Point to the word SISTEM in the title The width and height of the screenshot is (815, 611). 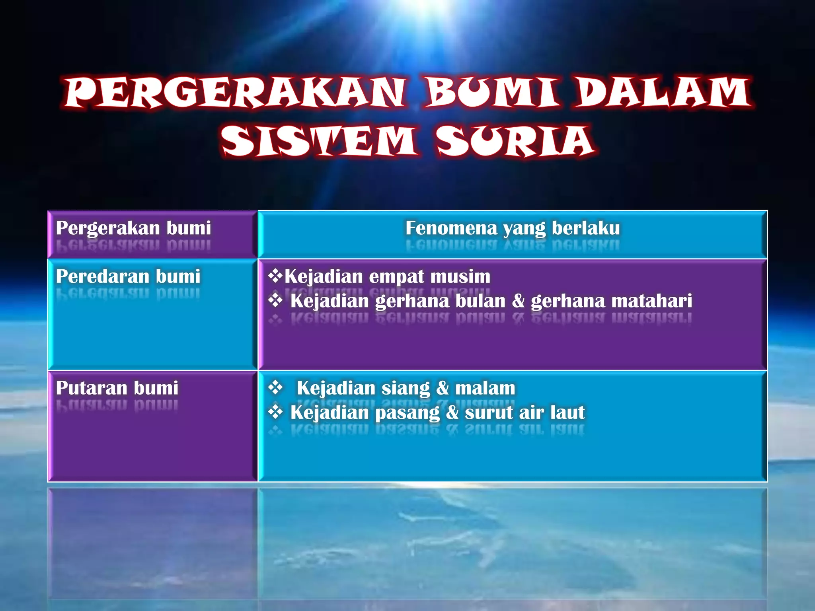pyautogui.click(x=318, y=141)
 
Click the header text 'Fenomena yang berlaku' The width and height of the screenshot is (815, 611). pyautogui.click(x=513, y=228)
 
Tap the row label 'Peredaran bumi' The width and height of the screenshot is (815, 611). pyautogui.click(x=128, y=276)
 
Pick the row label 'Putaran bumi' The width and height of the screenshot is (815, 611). pyautogui.click(x=117, y=388)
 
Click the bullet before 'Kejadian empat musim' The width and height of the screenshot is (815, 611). pyautogui.click(x=275, y=276)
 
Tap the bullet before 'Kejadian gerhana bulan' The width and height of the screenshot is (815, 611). pyautogui.click(x=275, y=301)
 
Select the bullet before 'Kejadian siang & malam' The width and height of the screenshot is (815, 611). pyautogui.click(x=275, y=387)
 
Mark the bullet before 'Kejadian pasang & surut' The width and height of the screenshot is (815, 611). pyautogui.click(x=275, y=412)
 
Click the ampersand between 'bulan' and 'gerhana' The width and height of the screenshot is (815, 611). pyautogui.click(x=518, y=301)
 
